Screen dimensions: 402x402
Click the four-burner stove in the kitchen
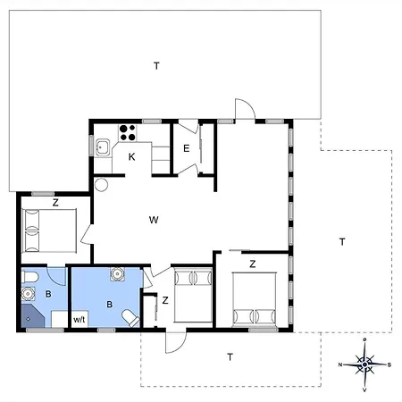point(128,133)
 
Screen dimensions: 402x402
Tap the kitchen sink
point(103,147)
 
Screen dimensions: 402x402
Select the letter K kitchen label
point(131,157)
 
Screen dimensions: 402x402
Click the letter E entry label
point(187,148)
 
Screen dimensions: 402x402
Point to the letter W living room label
point(154,220)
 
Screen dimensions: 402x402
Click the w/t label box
point(80,320)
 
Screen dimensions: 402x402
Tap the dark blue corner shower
point(32,315)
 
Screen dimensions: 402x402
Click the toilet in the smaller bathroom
point(29,277)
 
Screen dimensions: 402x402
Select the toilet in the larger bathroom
point(130,318)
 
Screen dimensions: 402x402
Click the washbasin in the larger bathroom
point(118,274)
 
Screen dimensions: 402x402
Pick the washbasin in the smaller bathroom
point(29,294)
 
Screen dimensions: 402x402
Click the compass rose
point(364,364)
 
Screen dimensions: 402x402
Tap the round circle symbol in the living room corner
point(101,184)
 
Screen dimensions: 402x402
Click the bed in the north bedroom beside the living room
point(49,230)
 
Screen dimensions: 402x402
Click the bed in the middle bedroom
point(193,296)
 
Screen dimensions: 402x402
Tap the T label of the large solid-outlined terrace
point(156,65)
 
